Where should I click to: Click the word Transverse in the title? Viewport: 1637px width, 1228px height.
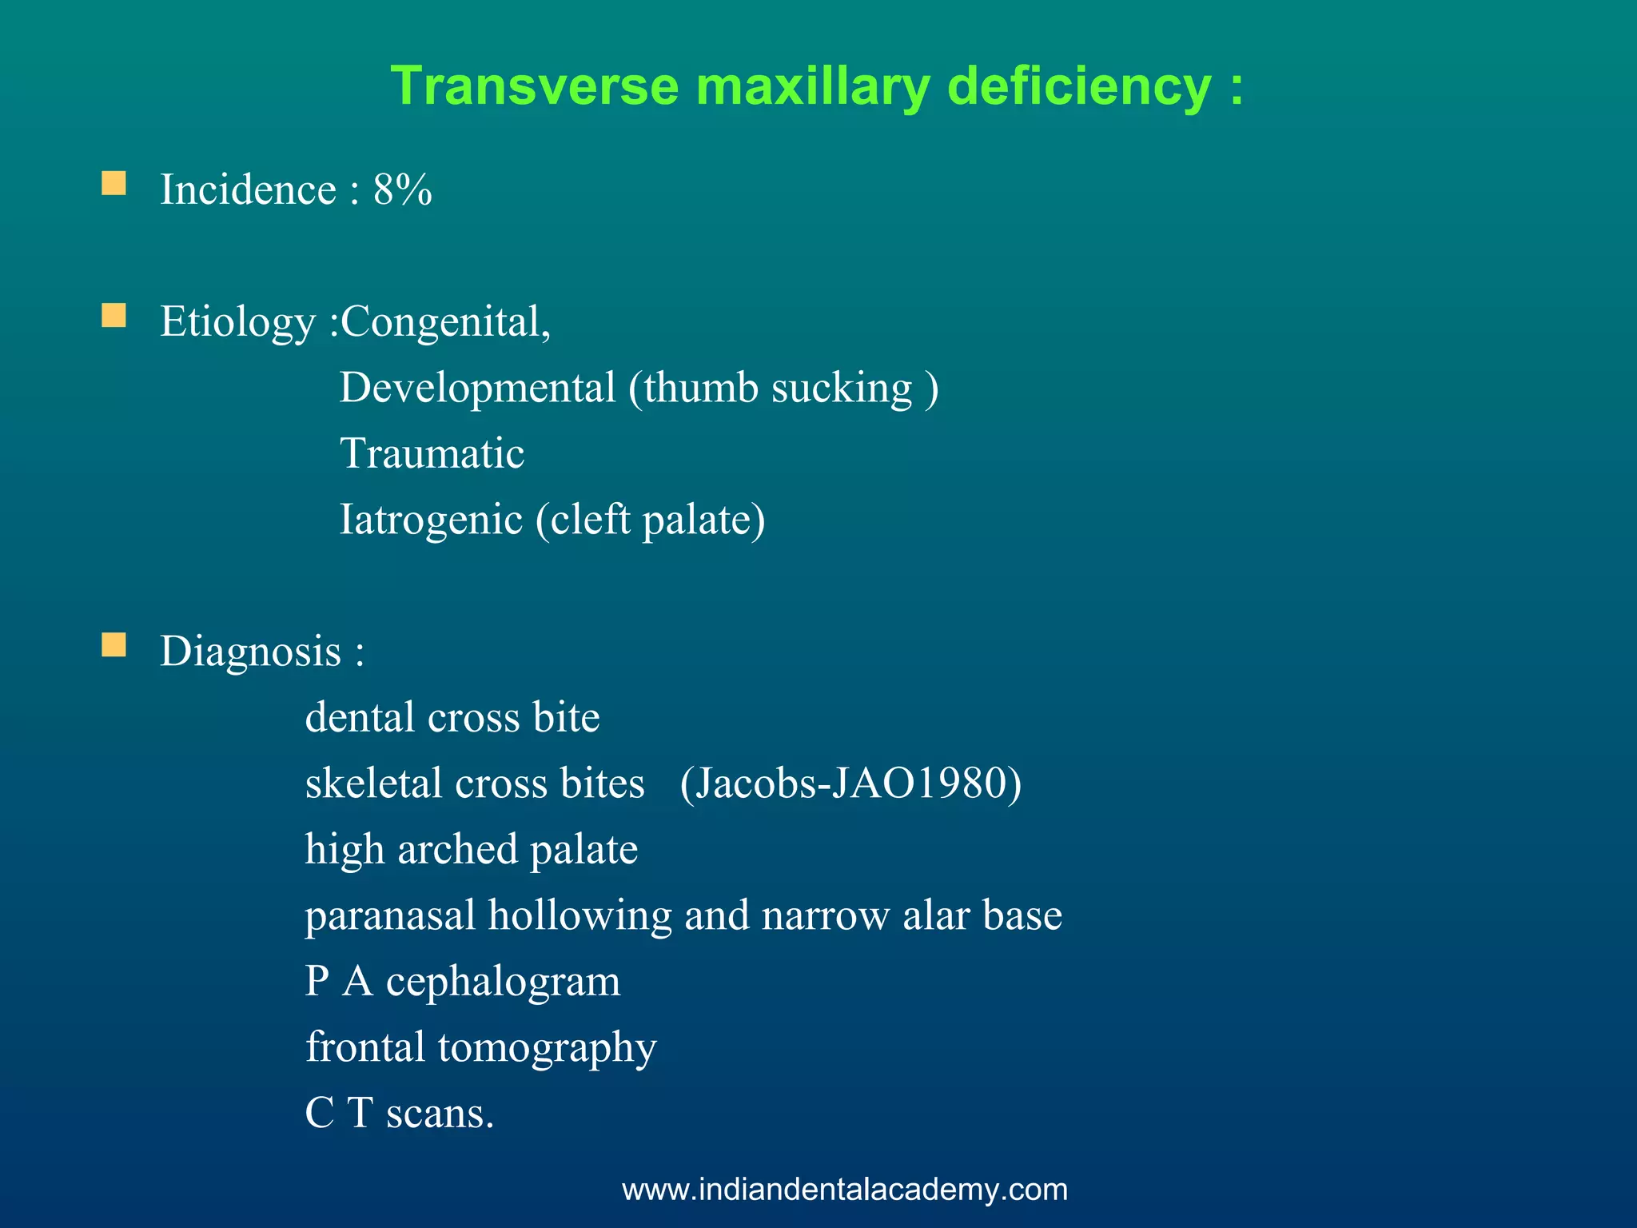pyautogui.click(x=535, y=86)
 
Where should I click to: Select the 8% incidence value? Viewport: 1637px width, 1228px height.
pyautogui.click(x=403, y=190)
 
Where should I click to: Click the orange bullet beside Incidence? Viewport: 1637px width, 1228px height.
pyautogui.click(x=114, y=184)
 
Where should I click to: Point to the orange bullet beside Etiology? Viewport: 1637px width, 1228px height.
pyautogui.click(x=114, y=316)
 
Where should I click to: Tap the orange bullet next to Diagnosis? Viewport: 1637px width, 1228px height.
pyautogui.click(x=114, y=645)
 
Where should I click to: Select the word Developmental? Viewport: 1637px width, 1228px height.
pyautogui.click(x=477, y=389)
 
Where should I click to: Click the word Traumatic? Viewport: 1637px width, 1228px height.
pyautogui.click(x=432, y=454)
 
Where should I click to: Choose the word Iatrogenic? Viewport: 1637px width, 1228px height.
pyautogui.click(x=431, y=520)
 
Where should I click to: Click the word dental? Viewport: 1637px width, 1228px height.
pyautogui.click(x=360, y=717)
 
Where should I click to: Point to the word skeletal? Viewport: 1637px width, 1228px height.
pyautogui.click(x=373, y=783)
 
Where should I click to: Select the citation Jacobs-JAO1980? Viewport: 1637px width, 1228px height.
pyautogui.click(x=850, y=783)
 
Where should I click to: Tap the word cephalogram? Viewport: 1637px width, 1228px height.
pyautogui.click(x=503, y=981)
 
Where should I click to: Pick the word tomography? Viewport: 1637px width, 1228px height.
pyautogui.click(x=547, y=1047)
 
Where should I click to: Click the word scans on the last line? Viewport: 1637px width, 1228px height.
pyautogui.click(x=440, y=1113)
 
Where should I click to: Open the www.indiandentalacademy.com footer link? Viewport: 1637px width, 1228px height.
pyautogui.click(x=845, y=1190)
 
